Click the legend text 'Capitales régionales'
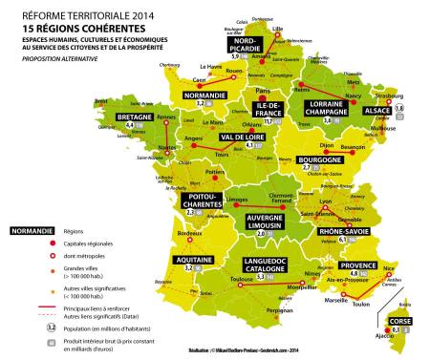click(x=90, y=244)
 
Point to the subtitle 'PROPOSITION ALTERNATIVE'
click(x=63, y=57)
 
